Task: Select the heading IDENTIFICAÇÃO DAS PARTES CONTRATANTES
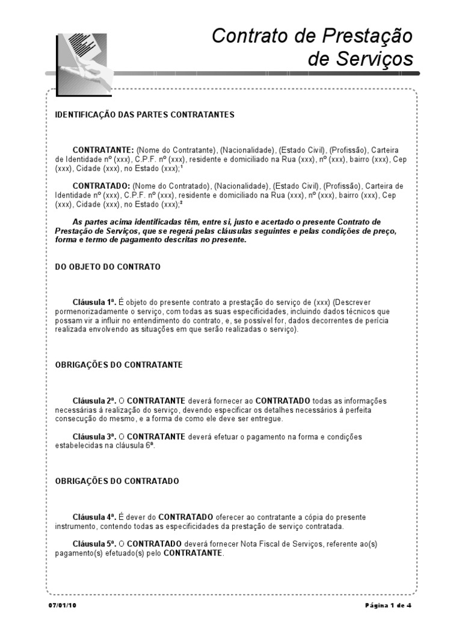145,114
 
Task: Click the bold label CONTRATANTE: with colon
103,149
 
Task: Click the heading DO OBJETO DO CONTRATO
108,266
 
